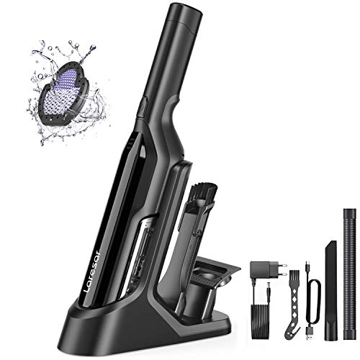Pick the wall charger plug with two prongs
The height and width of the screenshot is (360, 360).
pyautogui.click(x=262, y=270)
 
